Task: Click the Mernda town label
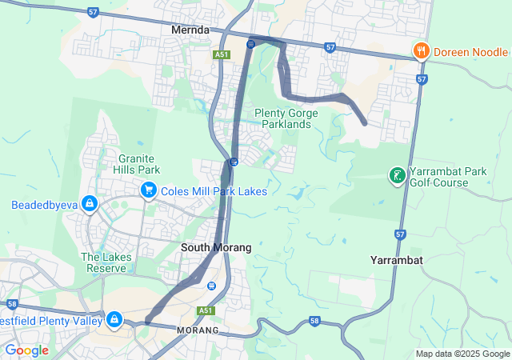pyautogui.click(x=190, y=30)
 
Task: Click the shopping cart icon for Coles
pyautogui.click(x=148, y=190)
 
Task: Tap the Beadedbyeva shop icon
pyautogui.click(x=89, y=205)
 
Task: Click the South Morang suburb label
pyautogui.click(x=216, y=248)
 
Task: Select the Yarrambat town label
pyautogui.click(x=397, y=261)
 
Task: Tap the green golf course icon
pyautogui.click(x=396, y=175)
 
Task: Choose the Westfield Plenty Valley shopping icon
pyautogui.click(x=114, y=320)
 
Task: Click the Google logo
pyautogui.click(x=26, y=350)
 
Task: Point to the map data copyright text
pyautogui.click(x=462, y=354)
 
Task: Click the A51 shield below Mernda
pyautogui.click(x=222, y=55)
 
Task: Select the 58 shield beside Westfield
pyautogui.click(x=11, y=304)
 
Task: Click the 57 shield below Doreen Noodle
pyautogui.click(x=422, y=80)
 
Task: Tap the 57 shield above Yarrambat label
pyautogui.click(x=400, y=234)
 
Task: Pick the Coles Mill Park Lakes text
pyautogui.click(x=214, y=191)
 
